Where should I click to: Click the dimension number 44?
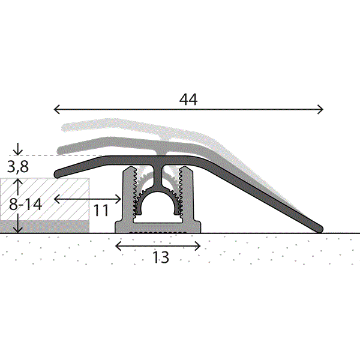(188, 100)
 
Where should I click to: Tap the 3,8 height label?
(18, 166)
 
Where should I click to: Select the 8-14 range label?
(25, 204)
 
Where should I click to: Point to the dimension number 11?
(101, 211)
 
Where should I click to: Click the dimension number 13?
(161, 257)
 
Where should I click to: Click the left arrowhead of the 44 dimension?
(56, 109)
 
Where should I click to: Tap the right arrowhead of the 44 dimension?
(320, 109)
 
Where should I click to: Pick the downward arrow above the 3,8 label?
(18, 149)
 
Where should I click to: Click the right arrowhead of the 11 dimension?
(118, 199)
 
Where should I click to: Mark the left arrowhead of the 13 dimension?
(118, 246)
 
